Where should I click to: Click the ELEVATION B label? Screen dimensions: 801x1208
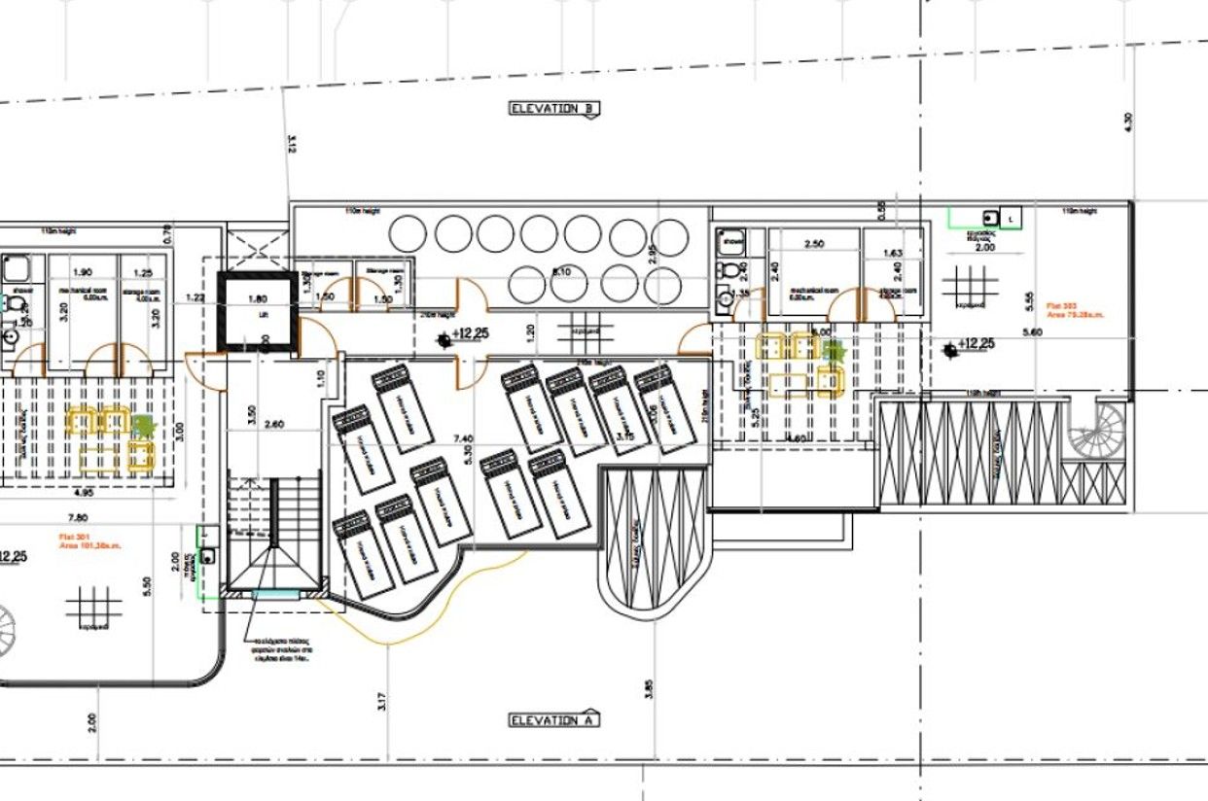click(554, 109)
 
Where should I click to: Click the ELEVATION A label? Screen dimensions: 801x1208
click(554, 720)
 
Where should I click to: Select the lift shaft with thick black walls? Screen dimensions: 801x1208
click(257, 308)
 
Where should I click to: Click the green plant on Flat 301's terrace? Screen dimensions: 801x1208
click(144, 425)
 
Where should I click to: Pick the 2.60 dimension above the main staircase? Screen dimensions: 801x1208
click(274, 424)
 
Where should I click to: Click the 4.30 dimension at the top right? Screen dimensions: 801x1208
click(1127, 122)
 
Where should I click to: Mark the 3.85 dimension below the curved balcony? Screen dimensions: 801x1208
click(649, 688)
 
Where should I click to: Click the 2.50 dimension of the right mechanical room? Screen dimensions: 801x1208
click(814, 243)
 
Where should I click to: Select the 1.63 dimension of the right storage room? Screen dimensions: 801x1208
click(892, 254)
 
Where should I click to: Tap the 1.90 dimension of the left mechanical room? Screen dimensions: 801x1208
click(82, 272)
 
